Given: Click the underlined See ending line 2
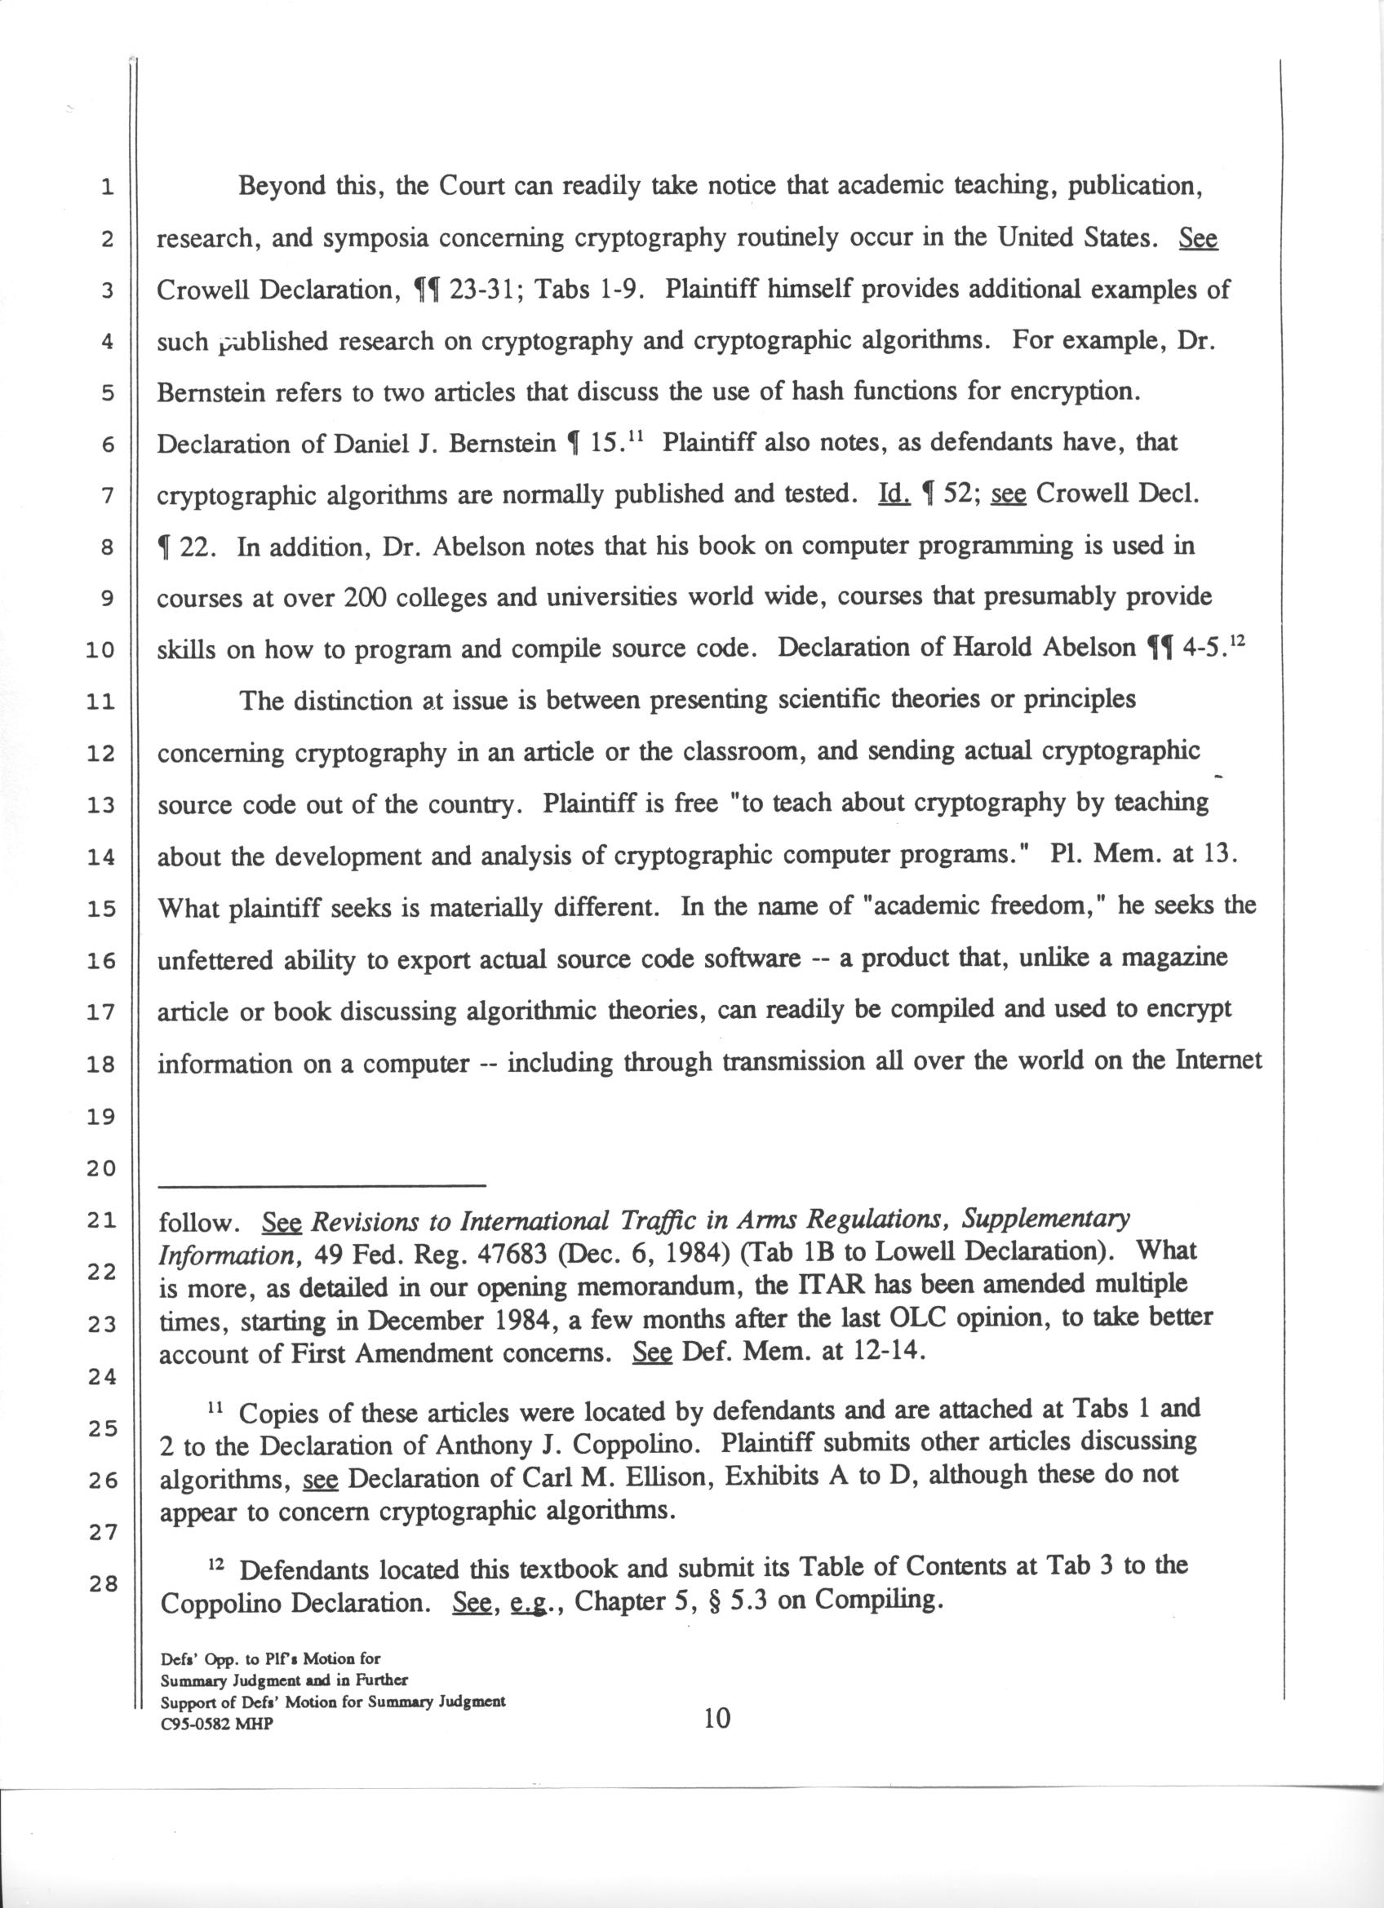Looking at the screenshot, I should click(1198, 239).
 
